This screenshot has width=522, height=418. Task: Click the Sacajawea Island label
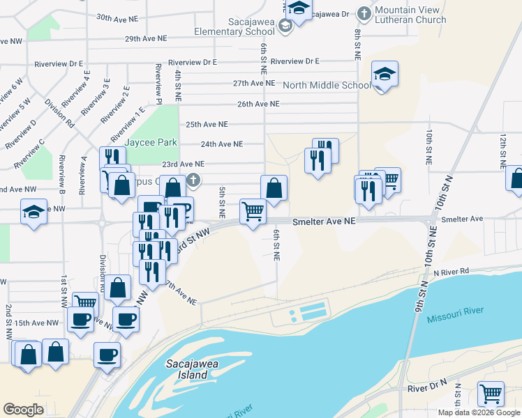(x=187, y=369)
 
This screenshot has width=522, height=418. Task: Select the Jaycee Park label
(x=151, y=142)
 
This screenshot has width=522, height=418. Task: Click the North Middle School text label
(x=327, y=86)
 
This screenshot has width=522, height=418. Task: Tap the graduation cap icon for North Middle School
(x=385, y=74)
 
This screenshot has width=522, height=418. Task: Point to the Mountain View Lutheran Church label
(x=410, y=15)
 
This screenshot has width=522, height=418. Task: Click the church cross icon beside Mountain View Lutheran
(x=364, y=13)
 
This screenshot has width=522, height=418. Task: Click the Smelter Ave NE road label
(x=324, y=220)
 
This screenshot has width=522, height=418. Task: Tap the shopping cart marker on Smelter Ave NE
(x=253, y=210)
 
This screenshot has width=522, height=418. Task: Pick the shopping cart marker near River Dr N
(x=491, y=392)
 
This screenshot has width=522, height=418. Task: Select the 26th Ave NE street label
(x=258, y=104)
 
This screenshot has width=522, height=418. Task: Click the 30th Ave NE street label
(x=122, y=17)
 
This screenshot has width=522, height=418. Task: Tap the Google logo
(x=24, y=409)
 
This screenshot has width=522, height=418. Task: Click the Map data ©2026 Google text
(x=478, y=412)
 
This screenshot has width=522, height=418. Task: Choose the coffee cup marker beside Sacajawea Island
(x=107, y=354)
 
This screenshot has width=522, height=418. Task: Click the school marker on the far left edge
(x=33, y=211)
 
